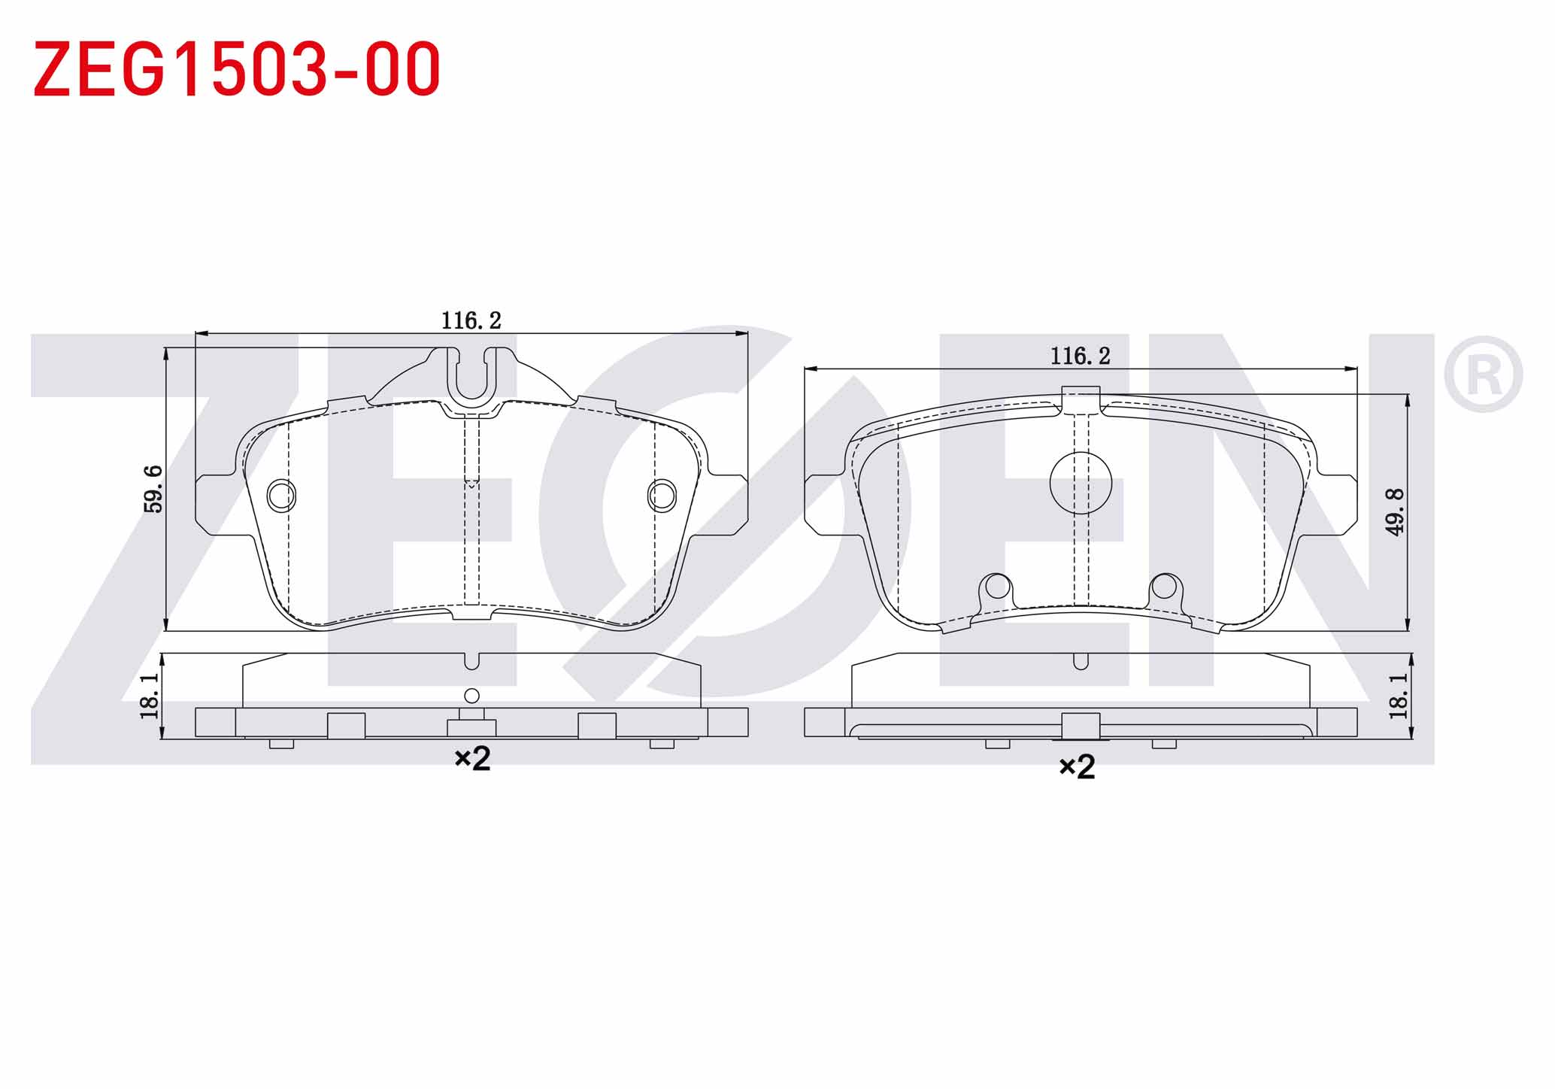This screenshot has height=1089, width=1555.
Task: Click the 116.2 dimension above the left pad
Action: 471,320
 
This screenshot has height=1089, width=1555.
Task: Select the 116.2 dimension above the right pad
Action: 1081,356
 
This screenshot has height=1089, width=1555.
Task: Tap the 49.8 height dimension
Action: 1395,511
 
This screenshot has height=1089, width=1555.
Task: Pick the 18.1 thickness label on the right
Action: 1398,696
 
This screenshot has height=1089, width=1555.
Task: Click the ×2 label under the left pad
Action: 472,758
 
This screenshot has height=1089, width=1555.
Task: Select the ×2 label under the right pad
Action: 1077,767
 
